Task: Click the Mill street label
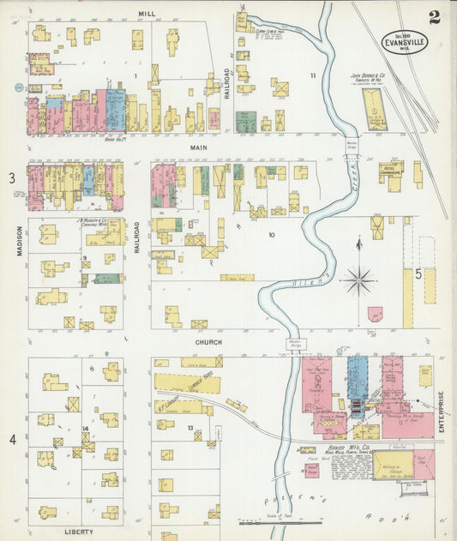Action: click(x=146, y=15)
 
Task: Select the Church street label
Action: click(x=207, y=342)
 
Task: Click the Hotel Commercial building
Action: click(x=391, y=170)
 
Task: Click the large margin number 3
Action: click(x=12, y=177)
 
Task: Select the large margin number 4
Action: click(x=12, y=440)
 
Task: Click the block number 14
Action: click(x=86, y=429)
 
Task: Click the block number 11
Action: click(x=313, y=76)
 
